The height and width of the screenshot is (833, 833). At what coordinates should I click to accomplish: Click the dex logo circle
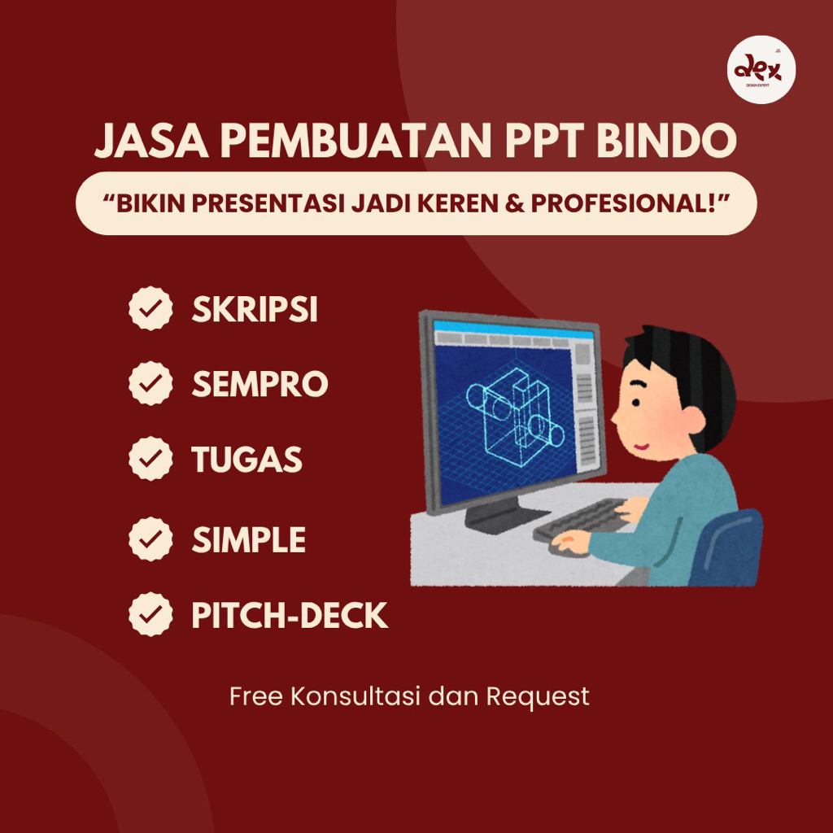pos(761,72)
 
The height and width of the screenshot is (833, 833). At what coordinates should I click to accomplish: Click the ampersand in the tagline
pos(517,203)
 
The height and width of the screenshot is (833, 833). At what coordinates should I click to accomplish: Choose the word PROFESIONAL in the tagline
pos(627,203)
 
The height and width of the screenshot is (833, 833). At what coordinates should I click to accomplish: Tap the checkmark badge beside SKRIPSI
pos(150,310)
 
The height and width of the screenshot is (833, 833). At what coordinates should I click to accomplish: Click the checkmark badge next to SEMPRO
pos(150,384)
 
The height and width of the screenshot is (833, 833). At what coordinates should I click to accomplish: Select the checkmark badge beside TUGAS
pos(150,460)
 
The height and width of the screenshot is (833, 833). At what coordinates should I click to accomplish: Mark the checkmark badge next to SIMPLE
pos(150,539)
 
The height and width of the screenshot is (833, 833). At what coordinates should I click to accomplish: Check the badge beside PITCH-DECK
pos(150,615)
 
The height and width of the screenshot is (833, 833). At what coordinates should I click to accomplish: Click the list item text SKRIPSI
pos(255,310)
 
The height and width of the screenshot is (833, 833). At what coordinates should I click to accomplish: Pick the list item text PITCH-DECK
pos(290,616)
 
